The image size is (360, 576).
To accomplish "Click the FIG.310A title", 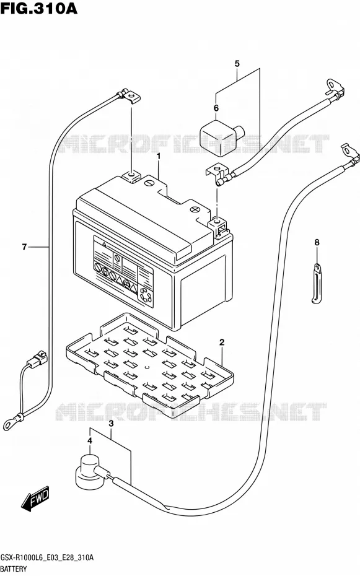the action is point(38,9).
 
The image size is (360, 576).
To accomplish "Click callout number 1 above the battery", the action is point(159,157).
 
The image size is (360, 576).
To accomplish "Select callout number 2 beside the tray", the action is point(222,343).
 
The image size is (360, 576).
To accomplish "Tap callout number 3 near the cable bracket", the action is point(111,424).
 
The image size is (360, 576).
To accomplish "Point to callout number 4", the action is point(90,441).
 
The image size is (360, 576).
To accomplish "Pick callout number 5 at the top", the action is point(237,64).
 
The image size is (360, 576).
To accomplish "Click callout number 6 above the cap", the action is point(216,108).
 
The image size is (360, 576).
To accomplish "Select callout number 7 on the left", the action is point(24,247).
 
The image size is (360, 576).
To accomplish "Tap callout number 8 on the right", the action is point(317,242).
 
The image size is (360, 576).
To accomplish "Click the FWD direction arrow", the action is point(35,499).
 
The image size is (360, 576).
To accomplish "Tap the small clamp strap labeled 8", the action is point(317,284).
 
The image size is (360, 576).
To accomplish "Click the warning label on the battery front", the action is point(123,270).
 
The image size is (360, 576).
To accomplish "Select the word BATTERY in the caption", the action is point(14,569).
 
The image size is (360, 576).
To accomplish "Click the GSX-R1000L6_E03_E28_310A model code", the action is point(46,557).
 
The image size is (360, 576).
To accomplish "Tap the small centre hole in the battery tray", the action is point(147,367).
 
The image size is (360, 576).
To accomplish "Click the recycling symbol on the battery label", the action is point(145,296).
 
